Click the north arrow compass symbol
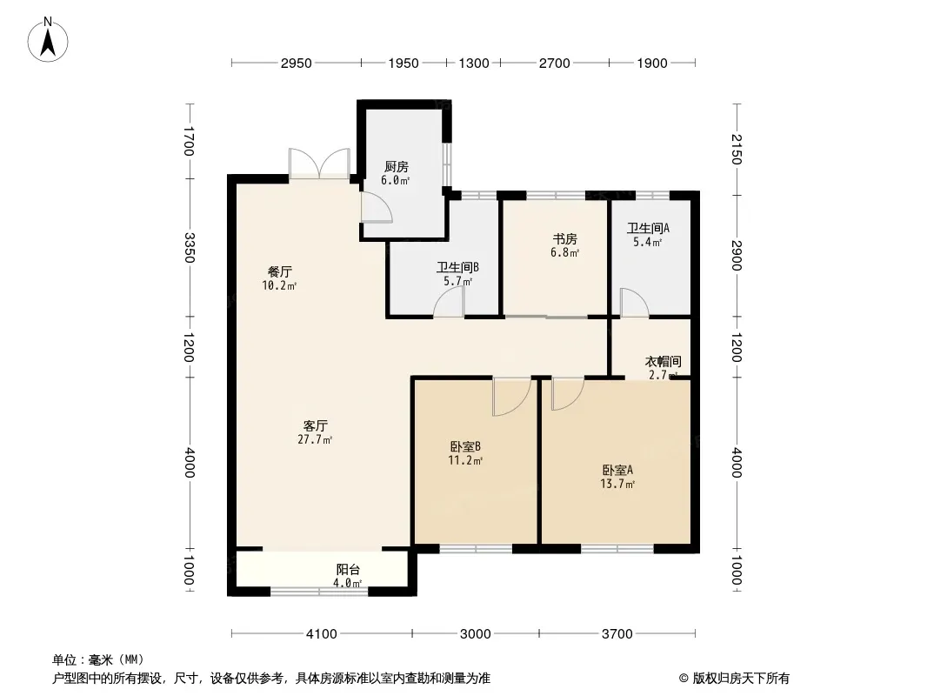click(x=48, y=40)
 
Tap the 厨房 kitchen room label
click(x=396, y=167)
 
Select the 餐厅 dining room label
click(x=280, y=272)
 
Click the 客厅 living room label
click(x=315, y=425)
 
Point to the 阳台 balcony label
click(x=348, y=570)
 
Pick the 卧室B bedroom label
click(x=465, y=446)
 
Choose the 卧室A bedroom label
click(x=617, y=470)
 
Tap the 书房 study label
click(x=564, y=239)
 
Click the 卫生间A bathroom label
click(x=648, y=228)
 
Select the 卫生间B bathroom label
click(x=457, y=267)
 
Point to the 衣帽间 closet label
click(x=663, y=361)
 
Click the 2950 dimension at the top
click(x=297, y=64)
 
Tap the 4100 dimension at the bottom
click(x=322, y=634)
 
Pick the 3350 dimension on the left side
click(x=190, y=248)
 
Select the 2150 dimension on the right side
click(x=736, y=149)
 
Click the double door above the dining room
click(x=319, y=164)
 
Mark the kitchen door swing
click(x=377, y=207)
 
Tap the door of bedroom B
click(x=512, y=397)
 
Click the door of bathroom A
click(x=634, y=302)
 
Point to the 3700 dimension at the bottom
click(x=617, y=634)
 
